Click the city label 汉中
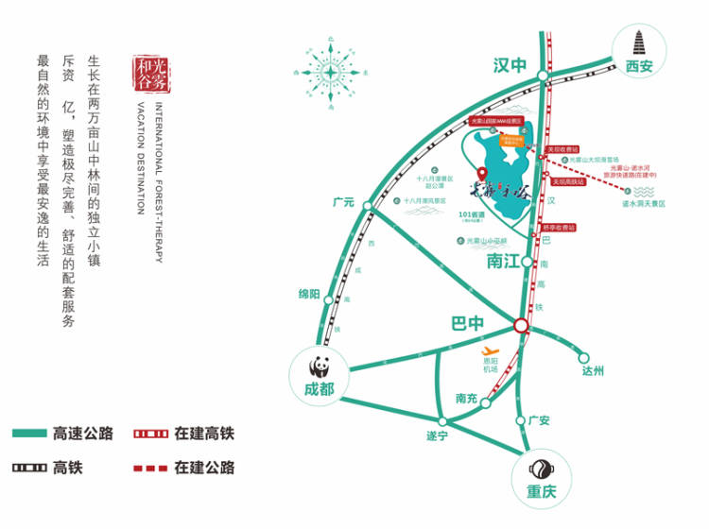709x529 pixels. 510,65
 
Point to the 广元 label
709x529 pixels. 342,202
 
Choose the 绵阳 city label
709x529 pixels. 310,294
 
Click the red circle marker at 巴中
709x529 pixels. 521,325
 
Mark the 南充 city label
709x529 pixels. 467,398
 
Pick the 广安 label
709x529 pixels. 539,420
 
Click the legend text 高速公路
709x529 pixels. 84,434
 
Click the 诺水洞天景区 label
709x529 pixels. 643,203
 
